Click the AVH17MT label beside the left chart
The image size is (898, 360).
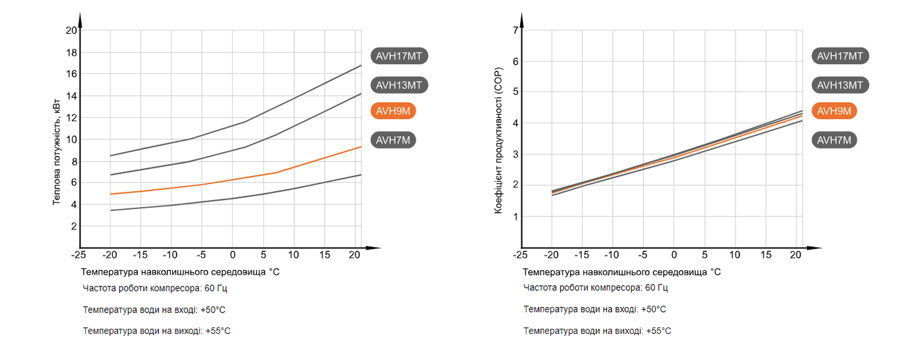[x=400, y=56]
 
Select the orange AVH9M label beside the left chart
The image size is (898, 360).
[x=393, y=111]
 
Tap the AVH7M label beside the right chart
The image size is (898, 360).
[x=834, y=140]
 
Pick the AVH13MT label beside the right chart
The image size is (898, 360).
[x=840, y=85]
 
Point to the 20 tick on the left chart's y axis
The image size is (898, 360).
[x=70, y=31]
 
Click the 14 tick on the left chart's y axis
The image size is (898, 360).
[x=70, y=96]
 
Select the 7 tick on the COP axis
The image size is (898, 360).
[x=515, y=30]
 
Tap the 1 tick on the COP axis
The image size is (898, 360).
[x=515, y=216]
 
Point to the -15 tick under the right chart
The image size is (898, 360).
[x=581, y=255]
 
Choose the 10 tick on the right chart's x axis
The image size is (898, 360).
[x=735, y=255]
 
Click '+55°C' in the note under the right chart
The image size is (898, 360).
[x=659, y=331]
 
